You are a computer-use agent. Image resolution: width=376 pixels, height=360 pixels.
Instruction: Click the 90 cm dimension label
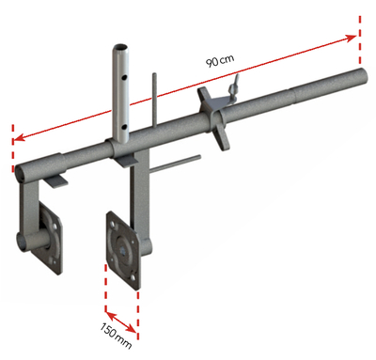point(219,61)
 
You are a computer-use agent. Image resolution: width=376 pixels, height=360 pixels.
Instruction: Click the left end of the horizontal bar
point(21,173)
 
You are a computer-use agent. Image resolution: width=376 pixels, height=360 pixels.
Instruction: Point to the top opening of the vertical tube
point(122,48)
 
